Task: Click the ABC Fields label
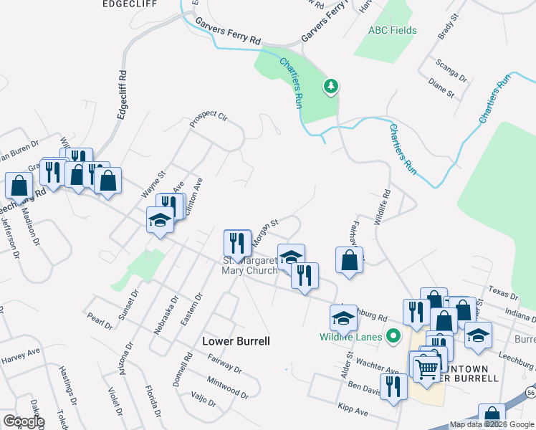point(392,32)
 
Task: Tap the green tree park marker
point(330,87)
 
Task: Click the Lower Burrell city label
point(236,341)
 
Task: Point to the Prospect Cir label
point(208,118)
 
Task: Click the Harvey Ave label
point(20,355)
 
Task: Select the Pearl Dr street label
point(100,320)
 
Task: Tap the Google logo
point(23,422)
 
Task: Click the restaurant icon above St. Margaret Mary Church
point(236,244)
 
